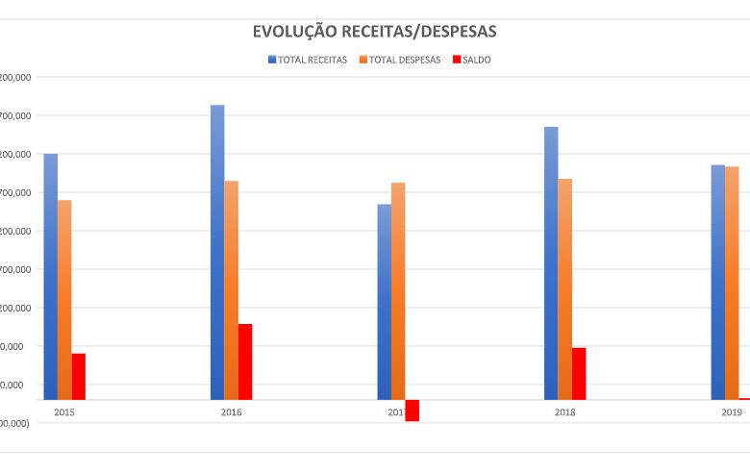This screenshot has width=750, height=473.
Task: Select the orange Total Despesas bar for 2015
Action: tap(64, 299)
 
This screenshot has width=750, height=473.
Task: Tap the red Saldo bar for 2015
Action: tap(79, 376)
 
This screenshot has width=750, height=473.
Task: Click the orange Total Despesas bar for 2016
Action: tap(232, 289)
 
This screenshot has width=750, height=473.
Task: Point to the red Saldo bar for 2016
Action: tap(245, 361)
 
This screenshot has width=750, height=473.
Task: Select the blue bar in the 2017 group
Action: tap(385, 301)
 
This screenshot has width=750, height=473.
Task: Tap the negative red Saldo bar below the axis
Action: tap(412, 411)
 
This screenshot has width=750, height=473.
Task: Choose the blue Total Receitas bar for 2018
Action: tap(551, 262)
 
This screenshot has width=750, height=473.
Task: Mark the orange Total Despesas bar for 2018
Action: tap(565, 288)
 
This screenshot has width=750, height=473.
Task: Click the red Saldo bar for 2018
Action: tap(579, 373)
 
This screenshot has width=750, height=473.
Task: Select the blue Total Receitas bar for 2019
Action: tap(718, 282)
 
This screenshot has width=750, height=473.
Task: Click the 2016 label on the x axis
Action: tap(231, 412)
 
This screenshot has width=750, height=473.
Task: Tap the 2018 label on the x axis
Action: tap(565, 412)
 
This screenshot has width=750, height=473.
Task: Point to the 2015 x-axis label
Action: tap(64, 412)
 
